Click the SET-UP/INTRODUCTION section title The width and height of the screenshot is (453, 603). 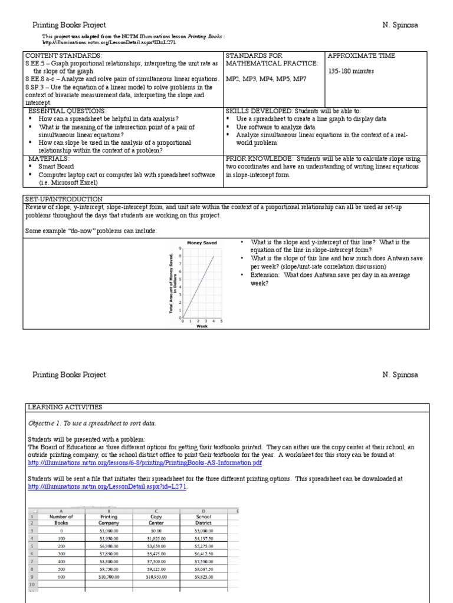[64, 199]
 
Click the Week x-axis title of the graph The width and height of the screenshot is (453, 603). [202, 326]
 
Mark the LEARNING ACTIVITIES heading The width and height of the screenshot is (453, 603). [65, 407]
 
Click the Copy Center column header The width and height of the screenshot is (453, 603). [156, 519]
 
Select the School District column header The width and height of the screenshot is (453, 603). [202, 519]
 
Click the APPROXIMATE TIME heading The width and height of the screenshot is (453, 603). [361, 56]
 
